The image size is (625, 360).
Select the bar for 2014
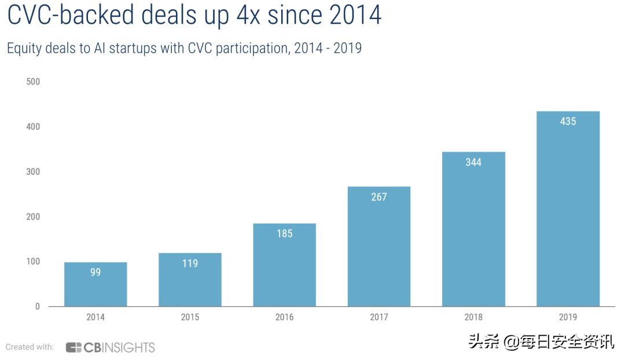tap(95, 284)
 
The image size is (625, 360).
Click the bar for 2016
tap(285, 265)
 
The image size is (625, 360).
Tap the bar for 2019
tap(568, 208)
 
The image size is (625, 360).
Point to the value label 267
tap(379, 197)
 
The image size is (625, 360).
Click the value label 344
tap(473, 163)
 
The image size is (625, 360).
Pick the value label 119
tap(190, 264)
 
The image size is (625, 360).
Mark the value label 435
tap(568, 122)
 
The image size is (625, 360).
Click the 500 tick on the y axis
tap(34, 82)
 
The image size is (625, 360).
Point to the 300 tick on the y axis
tap(34, 172)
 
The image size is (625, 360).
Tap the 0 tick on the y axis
tap(38, 307)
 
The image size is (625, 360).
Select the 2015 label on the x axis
tap(190, 317)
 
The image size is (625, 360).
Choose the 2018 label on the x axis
tap(473, 317)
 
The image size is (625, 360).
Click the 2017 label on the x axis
tap(379, 317)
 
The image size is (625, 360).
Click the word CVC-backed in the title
tap(71, 16)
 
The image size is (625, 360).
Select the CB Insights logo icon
tap(73, 348)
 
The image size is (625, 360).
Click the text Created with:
tap(30, 347)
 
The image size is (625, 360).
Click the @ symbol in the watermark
tap(512, 343)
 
